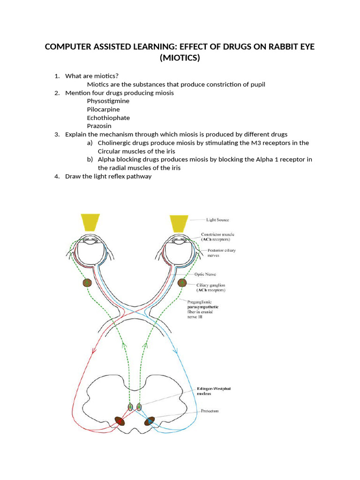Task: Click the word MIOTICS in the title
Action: (x=180, y=58)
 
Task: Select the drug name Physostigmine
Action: (x=108, y=101)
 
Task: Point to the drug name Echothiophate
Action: (x=108, y=118)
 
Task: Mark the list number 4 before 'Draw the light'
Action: (x=56, y=177)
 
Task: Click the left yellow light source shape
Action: (x=90, y=223)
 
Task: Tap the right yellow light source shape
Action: (x=179, y=223)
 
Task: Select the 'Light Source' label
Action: (x=218, y=219)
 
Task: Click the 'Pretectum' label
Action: (x=210, y=411)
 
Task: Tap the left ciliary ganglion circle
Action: (x=87, y=283)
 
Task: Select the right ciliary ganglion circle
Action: (x=182, y=283)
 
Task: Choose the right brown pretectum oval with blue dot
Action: (x=150, y=421)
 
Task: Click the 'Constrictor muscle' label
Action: (x=217, y=234)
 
